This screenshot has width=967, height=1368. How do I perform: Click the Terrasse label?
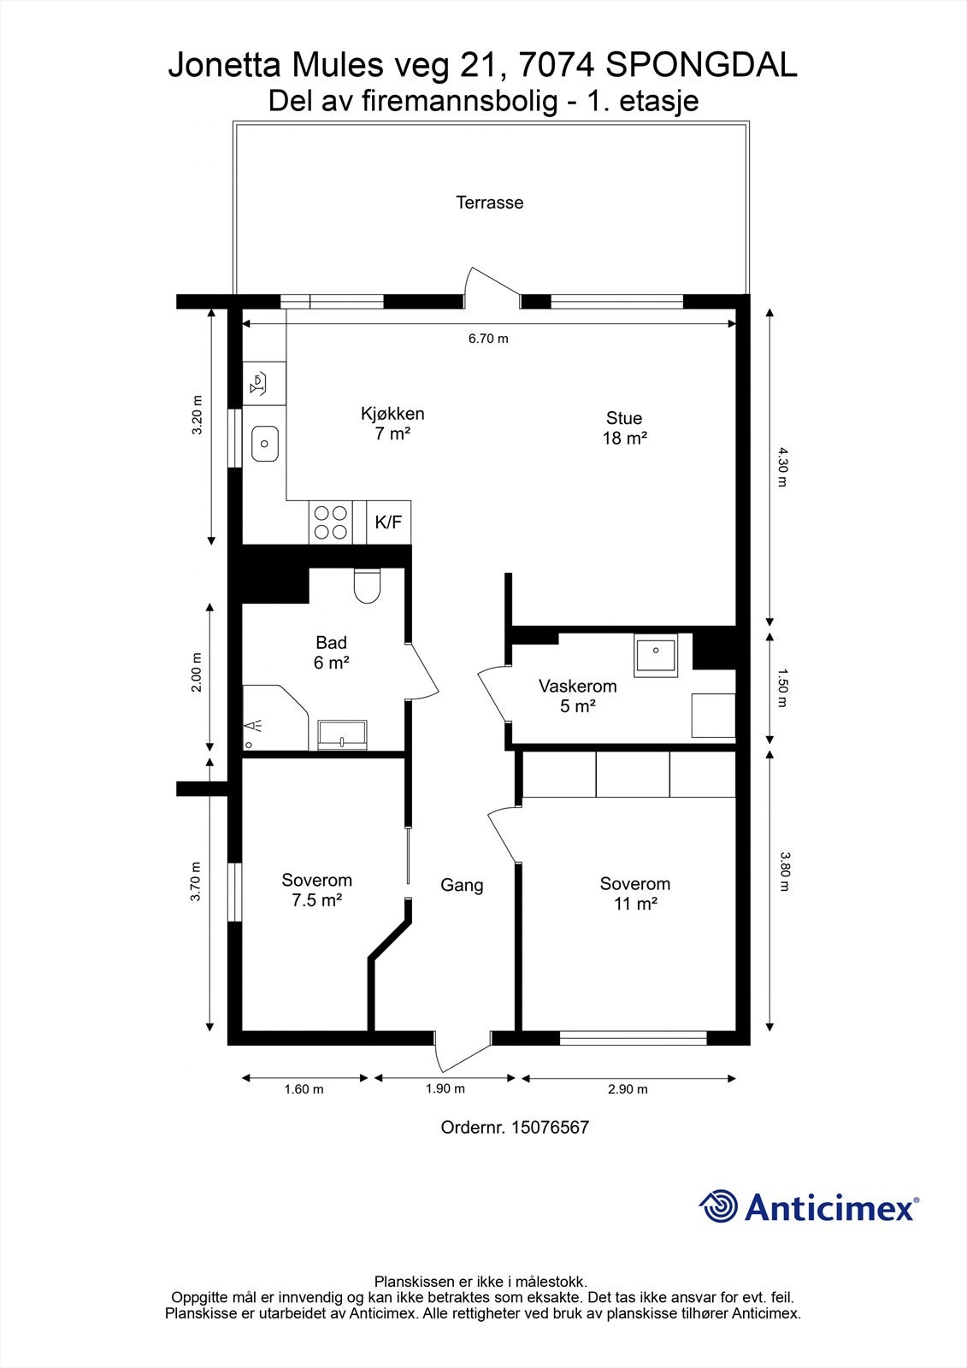489,203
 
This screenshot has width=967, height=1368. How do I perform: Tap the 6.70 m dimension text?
488,339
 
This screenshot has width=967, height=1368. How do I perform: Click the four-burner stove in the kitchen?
331,522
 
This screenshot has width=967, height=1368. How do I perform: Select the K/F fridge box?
388,522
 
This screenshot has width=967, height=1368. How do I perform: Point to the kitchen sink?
265,443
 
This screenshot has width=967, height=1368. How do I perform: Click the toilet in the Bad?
368,587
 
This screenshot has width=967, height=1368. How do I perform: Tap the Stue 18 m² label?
624,427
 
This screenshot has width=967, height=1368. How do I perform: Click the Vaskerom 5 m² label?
577,696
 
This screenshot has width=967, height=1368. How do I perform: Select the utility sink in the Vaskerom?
656,655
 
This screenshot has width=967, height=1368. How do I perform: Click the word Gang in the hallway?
462,885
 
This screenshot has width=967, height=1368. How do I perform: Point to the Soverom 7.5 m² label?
316,889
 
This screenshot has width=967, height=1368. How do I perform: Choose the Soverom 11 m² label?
634,893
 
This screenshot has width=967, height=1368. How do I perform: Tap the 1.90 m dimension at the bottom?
445,1088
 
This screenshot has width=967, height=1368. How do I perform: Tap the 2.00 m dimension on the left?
197,672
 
